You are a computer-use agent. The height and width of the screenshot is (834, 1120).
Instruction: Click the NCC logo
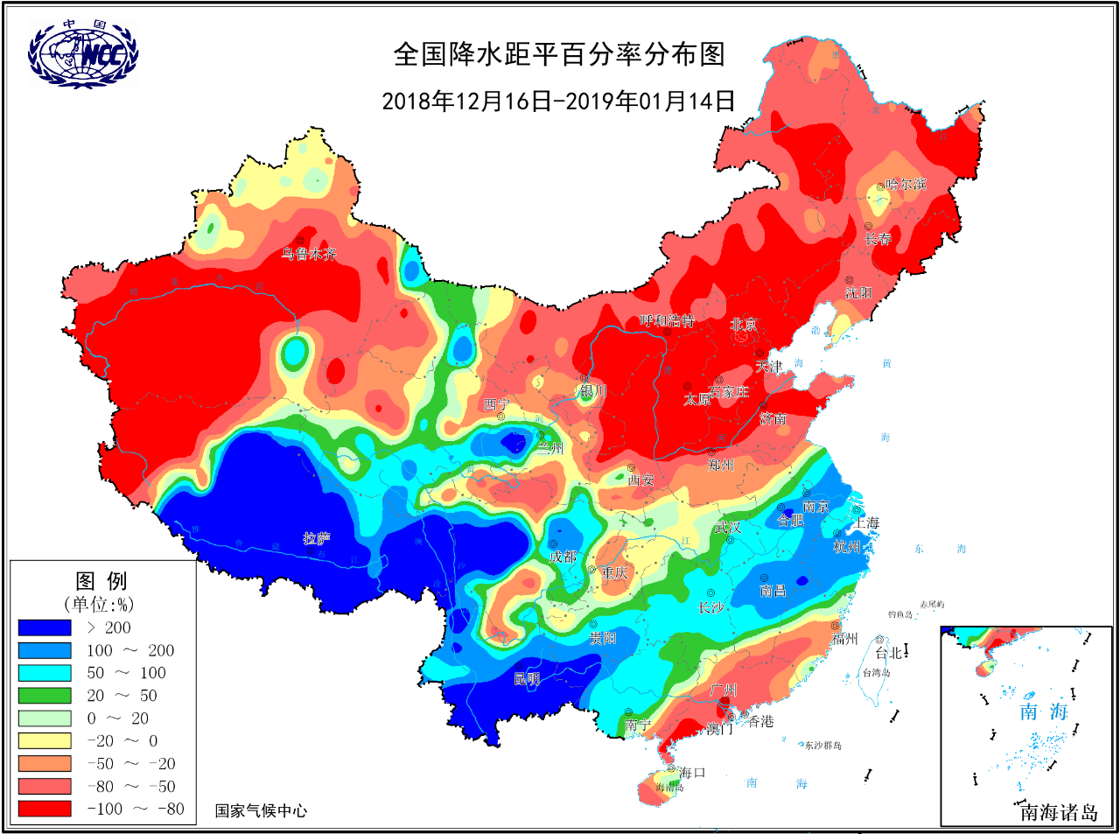click(x=83, y=54)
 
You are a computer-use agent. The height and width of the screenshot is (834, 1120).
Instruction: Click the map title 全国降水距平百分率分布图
click(x=559, y=54)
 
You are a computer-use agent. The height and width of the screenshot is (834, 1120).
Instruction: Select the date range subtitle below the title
click(x=558, y=101)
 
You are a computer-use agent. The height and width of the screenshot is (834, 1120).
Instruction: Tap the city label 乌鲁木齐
click(x=308, y=254)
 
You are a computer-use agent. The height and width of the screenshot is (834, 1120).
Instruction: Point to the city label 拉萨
click(x=317, y=538)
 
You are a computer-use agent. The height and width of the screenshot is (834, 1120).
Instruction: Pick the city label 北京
click(x=744, y=325)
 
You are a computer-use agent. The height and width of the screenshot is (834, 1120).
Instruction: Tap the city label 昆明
click(x=526, y=678)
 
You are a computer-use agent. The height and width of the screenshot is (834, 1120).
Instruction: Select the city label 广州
click(x=724, y=690)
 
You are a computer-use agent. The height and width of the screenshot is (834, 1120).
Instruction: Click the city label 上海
click(x=866, y=522)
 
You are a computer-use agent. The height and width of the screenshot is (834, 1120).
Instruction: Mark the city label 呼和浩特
click(x=667, y=321)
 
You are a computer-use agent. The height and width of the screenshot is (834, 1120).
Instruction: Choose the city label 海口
click(x=691, y=772)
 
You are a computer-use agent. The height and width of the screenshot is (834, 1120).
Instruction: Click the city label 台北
click(x=888, y=653)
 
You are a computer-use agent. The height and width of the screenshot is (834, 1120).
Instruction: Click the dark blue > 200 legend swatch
click(x=45, y=627)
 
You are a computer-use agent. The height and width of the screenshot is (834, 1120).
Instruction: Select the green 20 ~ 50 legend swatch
click(x=45, y=696)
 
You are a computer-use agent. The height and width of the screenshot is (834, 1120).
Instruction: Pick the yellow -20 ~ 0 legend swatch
click(x=45, y=741)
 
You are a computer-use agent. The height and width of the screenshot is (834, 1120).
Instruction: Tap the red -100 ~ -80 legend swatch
click(x=45, y=809)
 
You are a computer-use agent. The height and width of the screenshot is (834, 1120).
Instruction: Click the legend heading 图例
click(x=101, y=581)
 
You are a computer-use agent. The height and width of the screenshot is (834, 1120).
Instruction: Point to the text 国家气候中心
click(x=261, y=810)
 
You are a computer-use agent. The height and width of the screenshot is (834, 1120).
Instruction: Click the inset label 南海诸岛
click(x=1059, y=812)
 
